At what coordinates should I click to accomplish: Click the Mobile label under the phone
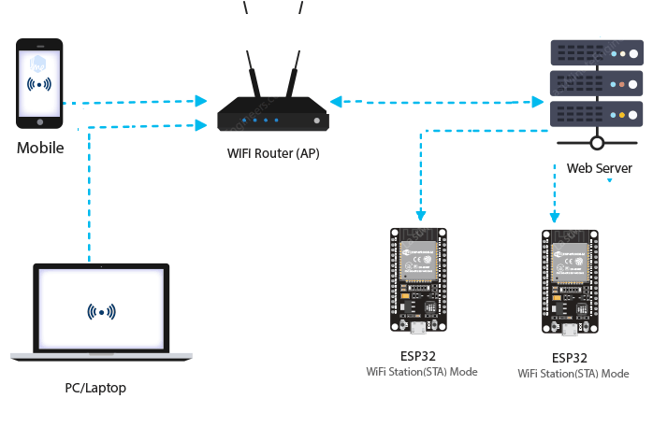pyautogui.click(x=39, y=148)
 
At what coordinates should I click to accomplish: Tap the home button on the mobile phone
pyautogui.click(x=39, y=121)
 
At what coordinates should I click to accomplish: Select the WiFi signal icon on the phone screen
pyautogui.click(x=39, y=84)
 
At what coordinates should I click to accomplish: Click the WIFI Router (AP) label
pyautogui.click(x=273, y=153)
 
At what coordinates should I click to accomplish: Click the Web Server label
pyautogui.click(x=599, y=169)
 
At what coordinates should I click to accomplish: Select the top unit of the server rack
pyautogui.click(x=597, y=52)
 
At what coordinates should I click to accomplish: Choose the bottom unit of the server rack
pyautogui.click(x=597, y=113)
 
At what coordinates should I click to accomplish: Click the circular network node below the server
pyautogui.click(x=597, y=143)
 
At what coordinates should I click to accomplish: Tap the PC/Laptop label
pyautogui.click(x=94, y=387)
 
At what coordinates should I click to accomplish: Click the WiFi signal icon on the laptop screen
pyautogui.click(x=101, y=311)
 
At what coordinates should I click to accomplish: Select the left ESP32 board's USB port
pyautogui.click(x=418, y=327)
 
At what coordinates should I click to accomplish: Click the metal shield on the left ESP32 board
pyautogui.click(x=418, y=262)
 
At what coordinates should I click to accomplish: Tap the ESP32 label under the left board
pyautogui.click(x=418, y=356)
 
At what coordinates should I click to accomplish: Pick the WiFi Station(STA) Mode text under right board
pyautogui.click(x=573, y=374)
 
